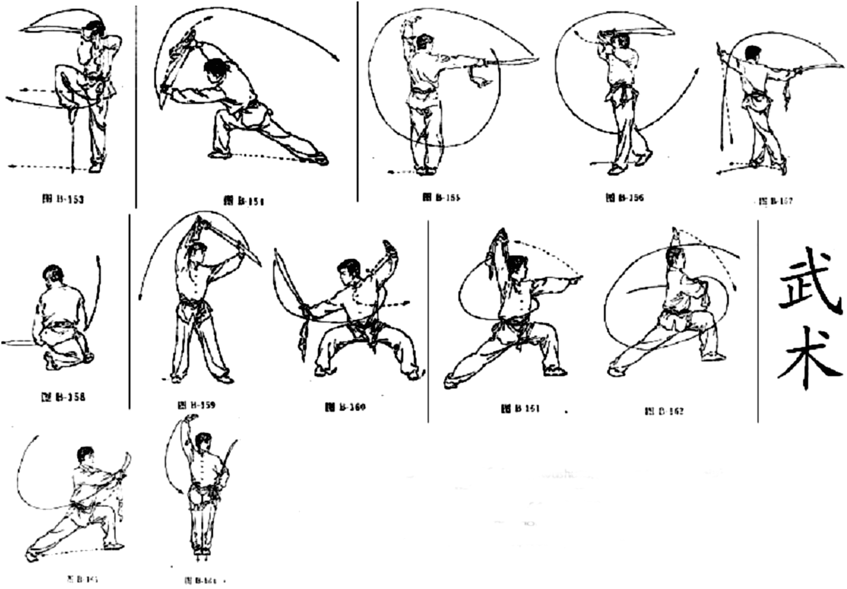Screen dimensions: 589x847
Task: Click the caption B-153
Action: coord(63,200)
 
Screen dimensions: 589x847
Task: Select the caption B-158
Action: coord(63,397)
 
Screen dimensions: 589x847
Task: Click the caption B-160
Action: coord(345,407)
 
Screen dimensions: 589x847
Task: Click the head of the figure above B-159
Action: coord(197,250)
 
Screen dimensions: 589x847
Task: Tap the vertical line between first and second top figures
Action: coord(136,106)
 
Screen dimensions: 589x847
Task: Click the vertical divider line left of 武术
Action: coord(758,319)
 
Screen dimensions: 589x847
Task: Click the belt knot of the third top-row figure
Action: coord(423,96)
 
